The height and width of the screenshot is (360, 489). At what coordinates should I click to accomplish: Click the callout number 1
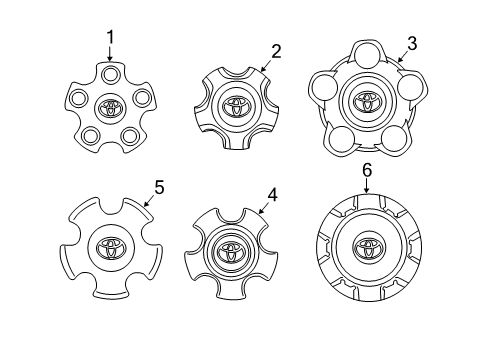(110, 37)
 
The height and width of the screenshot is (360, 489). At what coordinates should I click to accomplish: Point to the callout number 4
(272, 195)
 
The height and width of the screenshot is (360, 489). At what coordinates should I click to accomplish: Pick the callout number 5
(158, 185)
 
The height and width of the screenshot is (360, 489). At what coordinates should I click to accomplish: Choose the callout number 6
(367, 171)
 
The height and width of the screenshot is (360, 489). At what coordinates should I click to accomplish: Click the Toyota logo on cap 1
(109, 107)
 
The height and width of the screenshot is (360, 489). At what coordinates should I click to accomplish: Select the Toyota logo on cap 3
(366, 102)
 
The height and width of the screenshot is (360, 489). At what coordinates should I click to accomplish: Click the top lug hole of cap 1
(110, 73)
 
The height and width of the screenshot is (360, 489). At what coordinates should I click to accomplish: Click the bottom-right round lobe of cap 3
(394, 138)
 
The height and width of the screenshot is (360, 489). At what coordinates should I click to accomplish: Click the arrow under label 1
(110, 53)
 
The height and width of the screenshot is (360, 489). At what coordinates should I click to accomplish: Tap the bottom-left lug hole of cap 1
(91, 135)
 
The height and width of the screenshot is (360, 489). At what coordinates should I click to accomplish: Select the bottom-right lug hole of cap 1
(130, 135)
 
